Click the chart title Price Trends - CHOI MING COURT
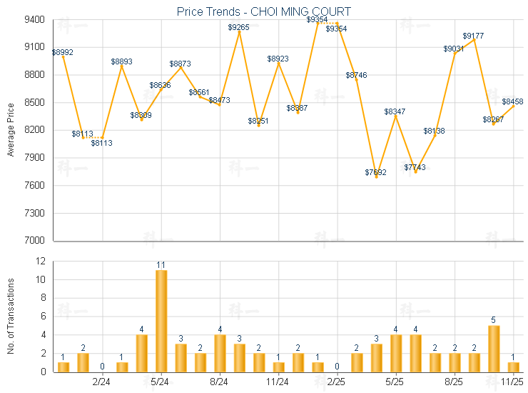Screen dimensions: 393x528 264,11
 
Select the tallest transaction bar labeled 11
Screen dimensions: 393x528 161,321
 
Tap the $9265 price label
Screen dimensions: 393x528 239,27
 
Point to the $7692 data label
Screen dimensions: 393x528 376,172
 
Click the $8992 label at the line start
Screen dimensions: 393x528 62,52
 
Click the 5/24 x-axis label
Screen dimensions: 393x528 161,382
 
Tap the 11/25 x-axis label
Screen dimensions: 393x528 512,382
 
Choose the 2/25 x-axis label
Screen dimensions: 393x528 336,382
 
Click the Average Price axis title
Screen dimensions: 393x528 11,129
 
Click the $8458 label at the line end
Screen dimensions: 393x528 512,101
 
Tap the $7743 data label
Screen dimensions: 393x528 415,167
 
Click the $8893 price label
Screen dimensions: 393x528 121,61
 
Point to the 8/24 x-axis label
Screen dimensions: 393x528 219,382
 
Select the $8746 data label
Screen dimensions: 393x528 357,75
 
